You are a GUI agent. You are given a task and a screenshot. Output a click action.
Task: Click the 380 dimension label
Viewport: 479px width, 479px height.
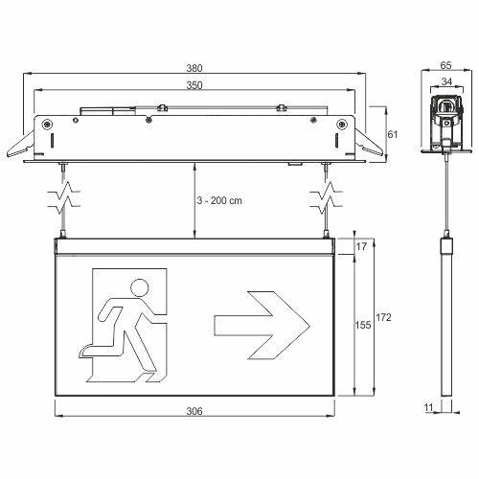pyautogui.click(x=194, y=68)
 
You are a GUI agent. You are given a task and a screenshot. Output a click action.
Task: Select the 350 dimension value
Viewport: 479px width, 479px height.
pyautogui.click(x=194, y=85)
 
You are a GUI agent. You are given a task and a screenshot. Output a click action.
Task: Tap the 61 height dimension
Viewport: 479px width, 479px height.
pyautogui.click(x=393, y=134)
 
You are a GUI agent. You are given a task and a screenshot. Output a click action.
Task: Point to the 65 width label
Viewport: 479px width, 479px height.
pyautogui.click(x=446, y=65)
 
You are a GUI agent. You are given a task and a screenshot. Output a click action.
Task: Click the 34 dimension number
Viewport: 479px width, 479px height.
pyautogui.click(x=446, y=81)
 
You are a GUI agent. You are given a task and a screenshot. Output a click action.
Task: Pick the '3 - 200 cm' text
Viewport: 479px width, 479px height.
pyautogui.click(x=219, y=200)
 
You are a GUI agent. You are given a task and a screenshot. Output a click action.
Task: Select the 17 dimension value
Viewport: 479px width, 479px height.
pyautogui.click(x=361, y=246)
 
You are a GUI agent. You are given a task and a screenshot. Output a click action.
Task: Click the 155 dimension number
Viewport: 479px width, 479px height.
pyautogui.click(x=363, y=325)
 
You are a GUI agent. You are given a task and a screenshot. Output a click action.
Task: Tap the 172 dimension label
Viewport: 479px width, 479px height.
pyautogui.click(x=383, y=317)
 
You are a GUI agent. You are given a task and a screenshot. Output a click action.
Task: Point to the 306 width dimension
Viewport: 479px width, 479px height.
pyautogui.click(x=194, y=411)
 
